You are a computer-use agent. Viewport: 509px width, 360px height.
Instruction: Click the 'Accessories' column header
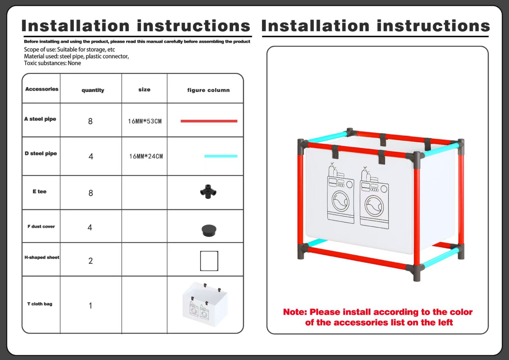42,89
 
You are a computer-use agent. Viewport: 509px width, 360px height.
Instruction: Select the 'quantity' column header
93,90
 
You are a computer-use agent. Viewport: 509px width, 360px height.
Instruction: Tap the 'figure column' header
208,90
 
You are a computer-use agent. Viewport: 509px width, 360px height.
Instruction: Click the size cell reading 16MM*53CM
145,121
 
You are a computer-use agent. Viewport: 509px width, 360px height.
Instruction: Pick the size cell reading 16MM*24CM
146,156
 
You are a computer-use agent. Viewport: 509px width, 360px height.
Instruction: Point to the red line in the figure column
209,121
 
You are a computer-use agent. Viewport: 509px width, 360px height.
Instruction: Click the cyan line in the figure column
221,156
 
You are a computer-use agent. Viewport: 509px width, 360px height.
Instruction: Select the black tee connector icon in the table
208,192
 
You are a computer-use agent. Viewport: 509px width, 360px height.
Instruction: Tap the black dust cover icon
209,230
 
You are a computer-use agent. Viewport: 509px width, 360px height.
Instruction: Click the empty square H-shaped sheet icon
209,261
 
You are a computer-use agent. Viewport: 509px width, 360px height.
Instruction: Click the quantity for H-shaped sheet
91,261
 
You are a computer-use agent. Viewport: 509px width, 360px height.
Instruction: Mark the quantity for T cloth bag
91,306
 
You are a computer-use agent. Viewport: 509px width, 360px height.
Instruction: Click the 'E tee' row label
40,192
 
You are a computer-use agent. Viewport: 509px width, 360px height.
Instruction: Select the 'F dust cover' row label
41,226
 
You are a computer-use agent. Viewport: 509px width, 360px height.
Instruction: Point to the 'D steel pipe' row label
41,154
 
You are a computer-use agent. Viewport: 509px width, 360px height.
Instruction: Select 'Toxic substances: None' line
53,63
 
